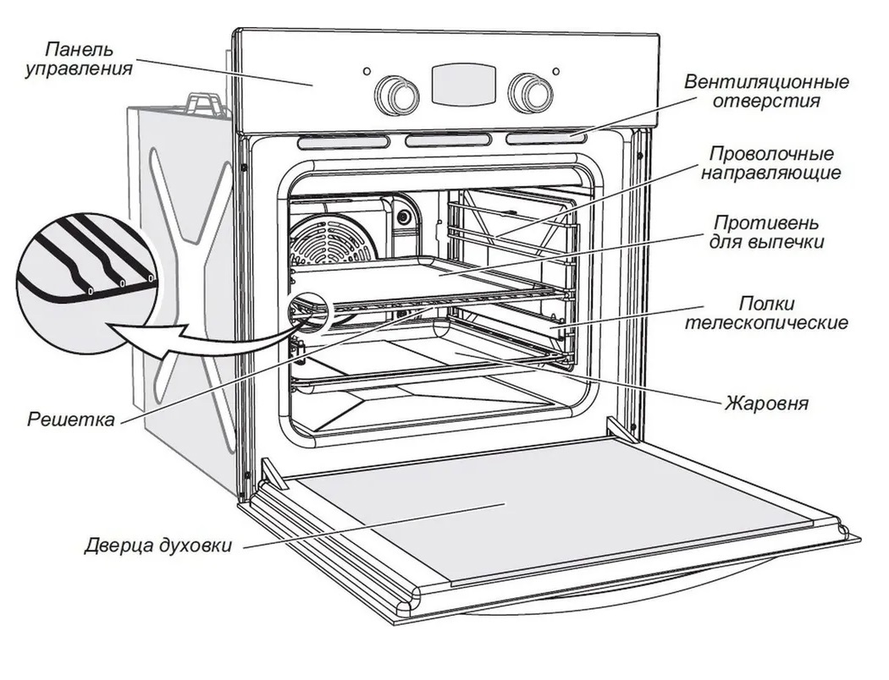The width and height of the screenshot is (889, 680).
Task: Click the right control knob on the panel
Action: [x=531, y=92]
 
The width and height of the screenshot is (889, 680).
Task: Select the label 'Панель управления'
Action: [x=79, y=59]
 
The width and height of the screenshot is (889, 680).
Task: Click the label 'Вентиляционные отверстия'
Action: [x=767, y=92]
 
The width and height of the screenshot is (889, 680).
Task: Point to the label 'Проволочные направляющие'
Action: [x=770, y=164]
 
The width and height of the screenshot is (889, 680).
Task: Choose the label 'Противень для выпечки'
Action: [x=767, y=233]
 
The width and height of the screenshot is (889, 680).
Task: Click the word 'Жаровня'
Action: [x=766, y=403]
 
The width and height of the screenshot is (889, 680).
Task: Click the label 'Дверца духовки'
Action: [x=157, y=545]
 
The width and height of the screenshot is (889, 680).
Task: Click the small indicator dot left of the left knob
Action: [x=366, y=72]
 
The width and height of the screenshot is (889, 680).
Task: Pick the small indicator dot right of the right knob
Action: [x=556, y=72]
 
